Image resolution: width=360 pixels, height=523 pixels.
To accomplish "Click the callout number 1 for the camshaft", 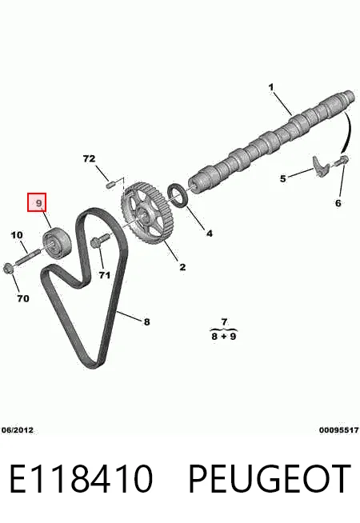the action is (x=271, y=87).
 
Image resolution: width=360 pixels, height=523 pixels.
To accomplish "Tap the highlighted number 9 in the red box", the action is (x=38, y=202).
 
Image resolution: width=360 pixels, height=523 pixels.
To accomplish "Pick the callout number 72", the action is (x=89, y=158).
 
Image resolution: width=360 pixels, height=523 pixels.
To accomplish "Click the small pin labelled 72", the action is (x=110, y=184).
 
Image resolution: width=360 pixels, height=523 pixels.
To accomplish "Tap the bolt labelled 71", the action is (x=98, y=241).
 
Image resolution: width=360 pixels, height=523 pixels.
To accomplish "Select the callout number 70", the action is (x=23, y=298).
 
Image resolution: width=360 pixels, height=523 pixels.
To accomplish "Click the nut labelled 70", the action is (x=8, y=268).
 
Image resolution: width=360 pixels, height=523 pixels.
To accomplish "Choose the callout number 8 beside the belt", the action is (x=147, y=321).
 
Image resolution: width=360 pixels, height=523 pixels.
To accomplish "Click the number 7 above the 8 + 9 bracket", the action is (x=224, y=321).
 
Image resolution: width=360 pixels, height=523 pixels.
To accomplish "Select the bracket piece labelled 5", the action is (x=321, y=166).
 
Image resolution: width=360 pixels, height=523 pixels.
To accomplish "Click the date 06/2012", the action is (x=18, y=430).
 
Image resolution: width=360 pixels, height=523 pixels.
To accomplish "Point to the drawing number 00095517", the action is (x=339, y=430).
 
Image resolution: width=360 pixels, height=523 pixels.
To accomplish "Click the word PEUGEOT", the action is (x=270, y=479).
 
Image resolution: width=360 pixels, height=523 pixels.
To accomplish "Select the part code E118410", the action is (x=81, y=479).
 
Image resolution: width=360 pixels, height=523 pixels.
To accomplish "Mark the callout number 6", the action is (x=338, y=203).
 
